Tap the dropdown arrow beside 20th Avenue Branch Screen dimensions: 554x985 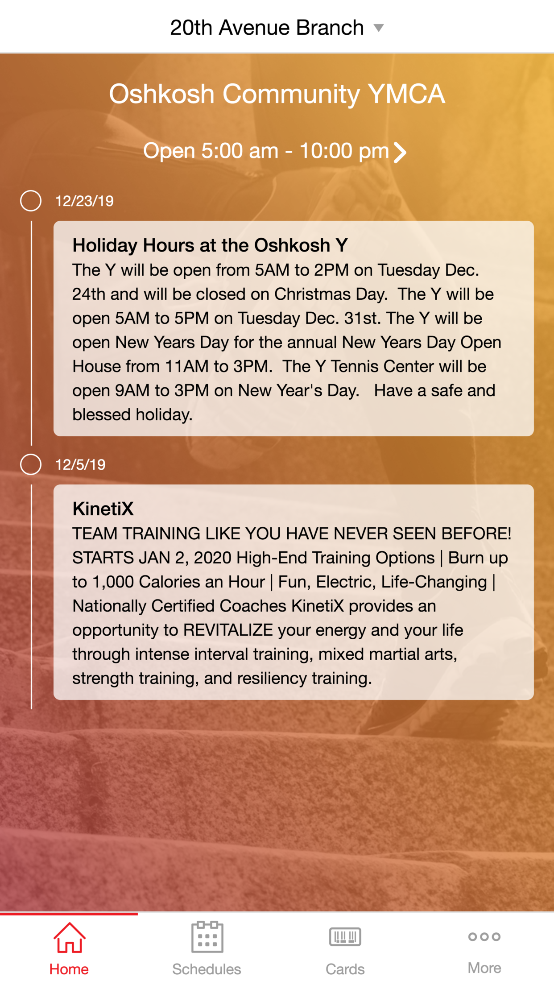click(x=379, y=28)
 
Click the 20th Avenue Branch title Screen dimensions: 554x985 click(x=267, y=28)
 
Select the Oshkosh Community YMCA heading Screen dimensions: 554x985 click(x=277, y=94)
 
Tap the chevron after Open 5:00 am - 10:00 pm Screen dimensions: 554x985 click(x=400, y=152)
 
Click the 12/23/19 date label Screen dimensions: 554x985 click(x=84, y=201)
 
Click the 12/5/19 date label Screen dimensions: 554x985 click(x=80, y=465)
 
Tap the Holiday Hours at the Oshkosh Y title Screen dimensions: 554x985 click(x=210, y=245)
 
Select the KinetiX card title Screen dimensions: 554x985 click(x=103, y=509)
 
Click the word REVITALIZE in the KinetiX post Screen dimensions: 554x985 click(x=228, y=630)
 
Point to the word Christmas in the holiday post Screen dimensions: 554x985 click(x=312, y=294)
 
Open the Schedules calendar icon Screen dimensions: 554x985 click(x=207, y=937)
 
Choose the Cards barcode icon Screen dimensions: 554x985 click(x=345, y=936)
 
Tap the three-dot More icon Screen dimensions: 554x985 click(x=484, y=937)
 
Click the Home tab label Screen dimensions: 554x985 click(x=69, y=969)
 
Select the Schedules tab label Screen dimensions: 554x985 click(x=207, y=969)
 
